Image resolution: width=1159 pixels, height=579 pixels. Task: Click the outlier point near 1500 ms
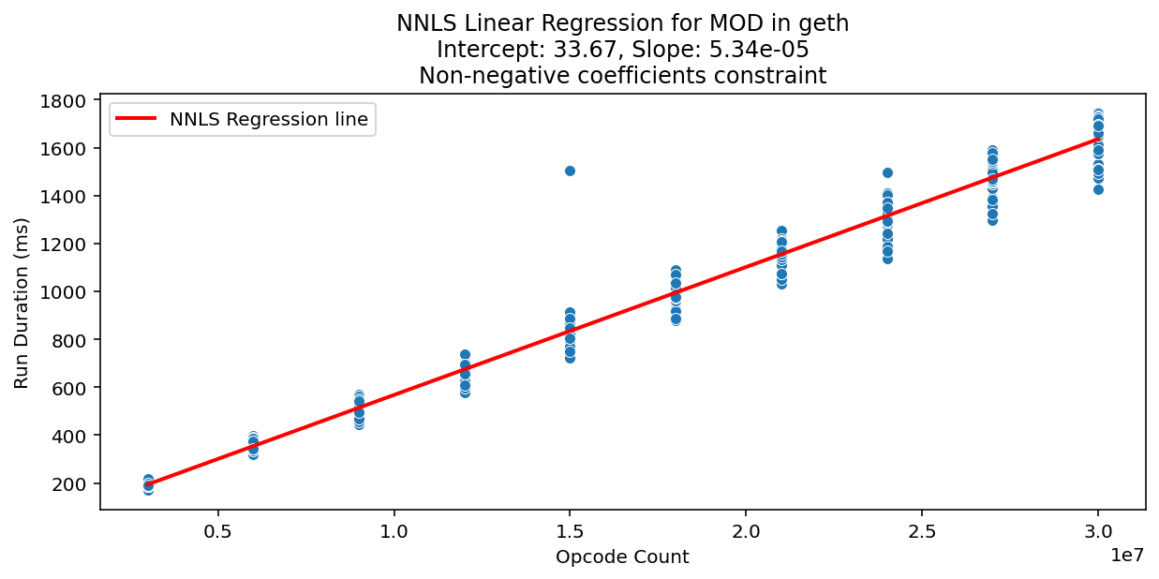click(570, 171)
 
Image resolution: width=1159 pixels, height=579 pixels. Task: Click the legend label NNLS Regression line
click(268, 119)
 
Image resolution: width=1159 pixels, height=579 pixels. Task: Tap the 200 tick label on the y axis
click(74, 483)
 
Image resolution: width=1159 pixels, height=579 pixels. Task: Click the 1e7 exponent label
click(1128, 557)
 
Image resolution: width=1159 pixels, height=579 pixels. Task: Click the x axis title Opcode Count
click(622, 557)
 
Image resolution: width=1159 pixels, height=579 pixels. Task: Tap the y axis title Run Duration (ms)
click(22, 303)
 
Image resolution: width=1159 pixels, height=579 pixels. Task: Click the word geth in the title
click(827, 23)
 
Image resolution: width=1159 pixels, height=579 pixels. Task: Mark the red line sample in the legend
click(137, 119)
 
